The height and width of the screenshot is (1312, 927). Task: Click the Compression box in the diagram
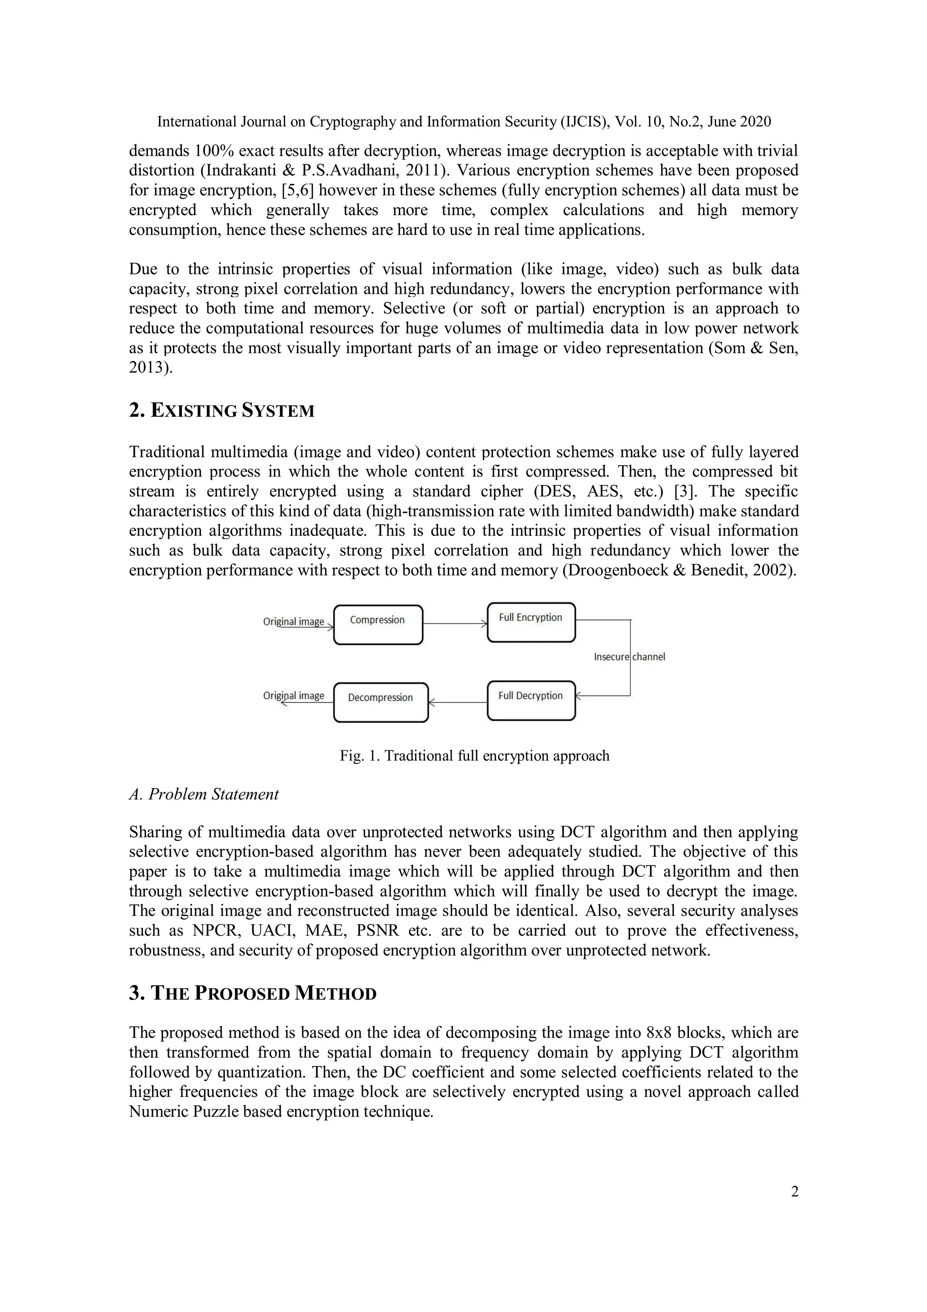click(x=377, y=625)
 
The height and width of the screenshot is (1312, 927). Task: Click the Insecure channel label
click(x=630, y=657)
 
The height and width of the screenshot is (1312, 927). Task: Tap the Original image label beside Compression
click(x=294, y=621)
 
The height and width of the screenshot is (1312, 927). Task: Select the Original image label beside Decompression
click(x=294, y=696)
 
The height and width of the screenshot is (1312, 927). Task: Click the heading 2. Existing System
click(x=222, y=411)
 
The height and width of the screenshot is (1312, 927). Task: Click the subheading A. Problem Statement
click(x=204, y=794)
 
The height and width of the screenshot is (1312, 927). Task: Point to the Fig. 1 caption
click(x=474, y=756)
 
